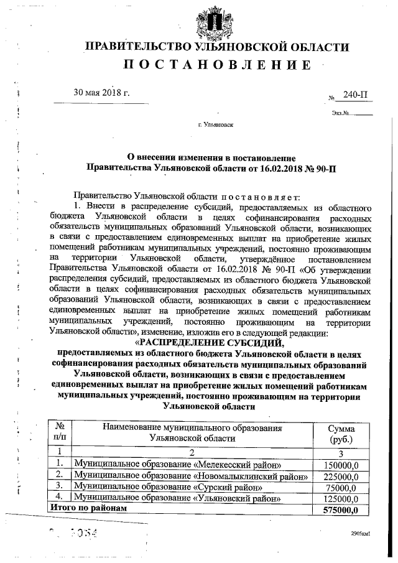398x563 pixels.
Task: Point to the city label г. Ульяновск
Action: pyautogui.click(x=215, y=125)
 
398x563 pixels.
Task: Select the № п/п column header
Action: pyautogui.click(x=60, y=433)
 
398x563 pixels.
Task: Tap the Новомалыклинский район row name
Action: pyautogui.click(x=192, y=475)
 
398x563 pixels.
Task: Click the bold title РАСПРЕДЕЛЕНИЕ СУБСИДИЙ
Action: pyautogui.click(x=209, y=342)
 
